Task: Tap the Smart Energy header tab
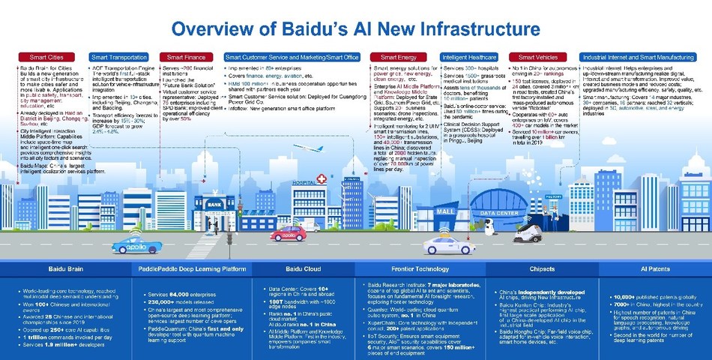(x=398, y=57)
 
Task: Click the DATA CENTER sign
(x=498, y=213)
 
